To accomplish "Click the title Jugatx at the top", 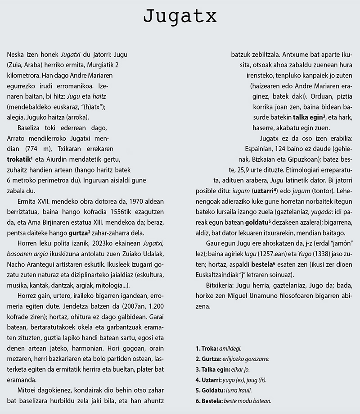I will [x=180, y=17].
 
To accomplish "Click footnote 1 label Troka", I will [x=206, y=348].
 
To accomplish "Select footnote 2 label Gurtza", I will [x=207, y=359].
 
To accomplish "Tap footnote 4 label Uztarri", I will [x=208, y=380].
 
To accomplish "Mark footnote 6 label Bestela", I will [x=208, y=400].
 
